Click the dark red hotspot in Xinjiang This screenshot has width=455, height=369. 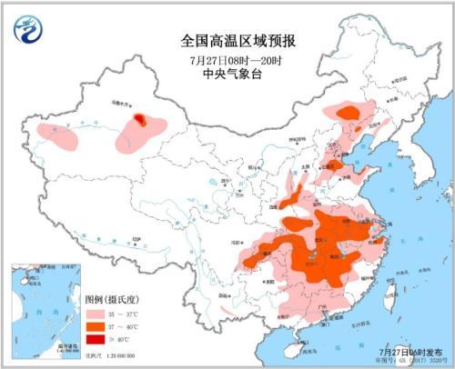point(139,118)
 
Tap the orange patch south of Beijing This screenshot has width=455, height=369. point(335,166)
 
